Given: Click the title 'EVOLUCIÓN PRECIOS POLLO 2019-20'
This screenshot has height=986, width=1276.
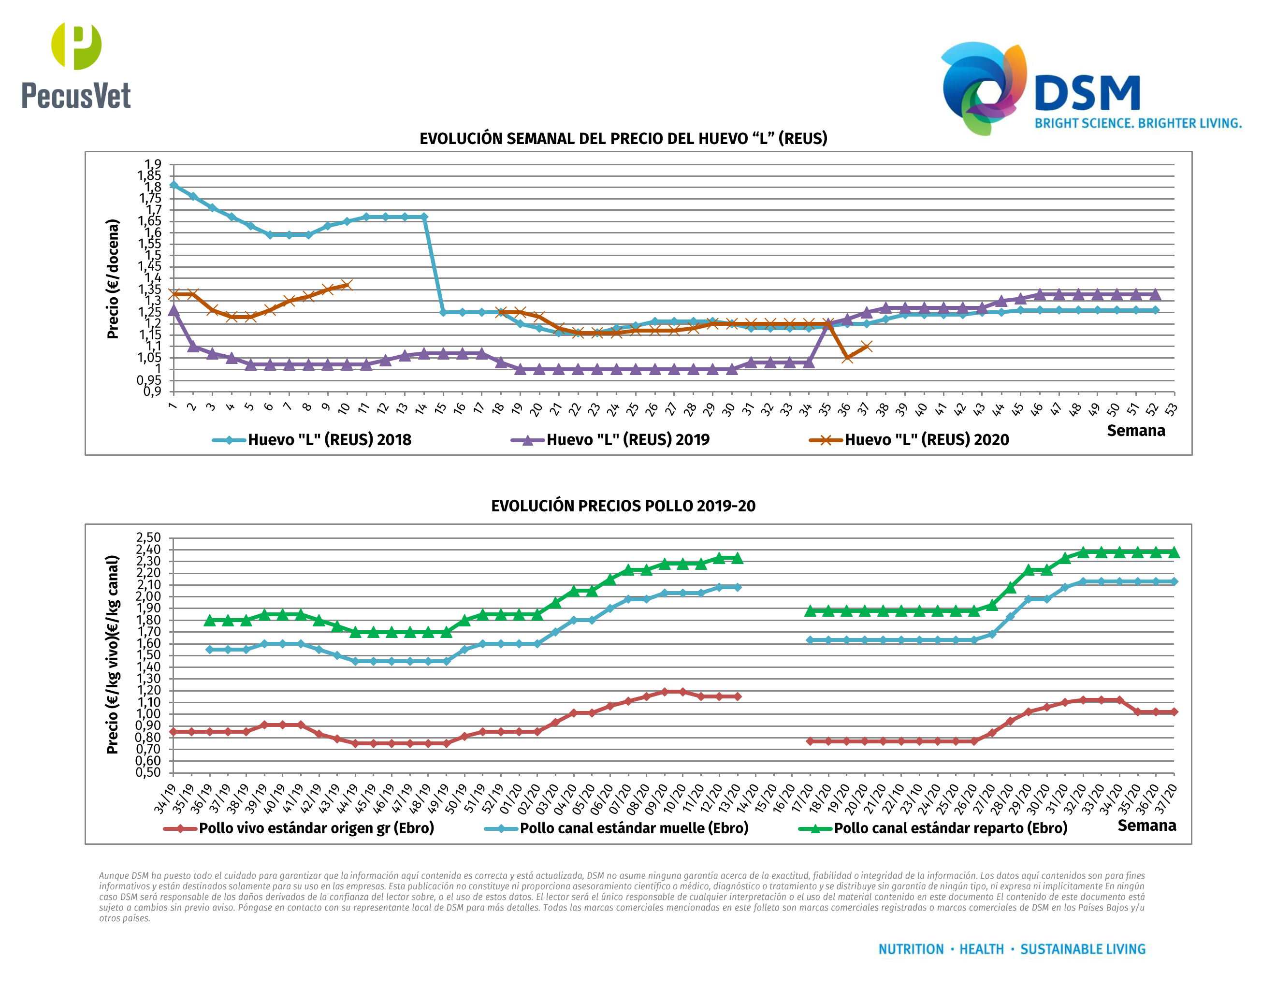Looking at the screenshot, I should [x=623, y=506].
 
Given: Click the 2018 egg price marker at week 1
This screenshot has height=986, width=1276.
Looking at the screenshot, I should [x=174, y=185].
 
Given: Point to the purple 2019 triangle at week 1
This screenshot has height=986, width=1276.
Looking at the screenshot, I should [x=174, y=310].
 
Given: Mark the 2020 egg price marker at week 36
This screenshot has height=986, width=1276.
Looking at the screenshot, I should [x=847, y=358].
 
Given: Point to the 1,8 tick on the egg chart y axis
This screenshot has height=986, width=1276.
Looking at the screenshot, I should [x=153, y=188].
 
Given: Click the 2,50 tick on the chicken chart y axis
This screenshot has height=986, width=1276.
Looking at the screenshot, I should [x=148, y=537].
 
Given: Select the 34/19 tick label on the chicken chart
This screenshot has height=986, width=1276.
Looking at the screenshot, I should [x=164, y=799].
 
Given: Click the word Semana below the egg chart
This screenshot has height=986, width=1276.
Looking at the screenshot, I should [x=1135, y=431].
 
